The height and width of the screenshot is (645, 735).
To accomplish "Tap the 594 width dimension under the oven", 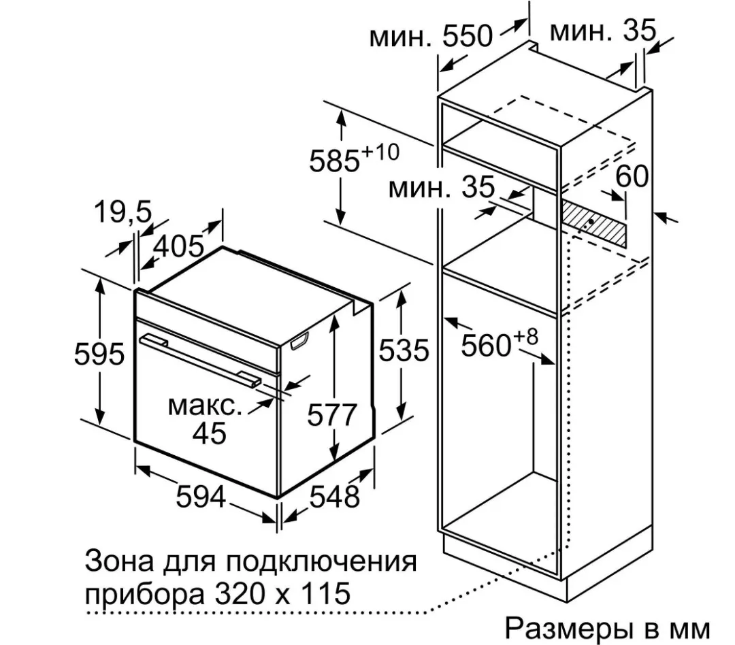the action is (201, 497).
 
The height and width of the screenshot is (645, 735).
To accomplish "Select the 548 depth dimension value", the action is (335, 497).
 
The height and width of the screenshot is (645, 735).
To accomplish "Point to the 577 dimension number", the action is (332, 414).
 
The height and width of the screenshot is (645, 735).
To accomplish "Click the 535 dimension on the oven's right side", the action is (404, 350).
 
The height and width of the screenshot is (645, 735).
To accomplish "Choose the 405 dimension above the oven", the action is (178, 246).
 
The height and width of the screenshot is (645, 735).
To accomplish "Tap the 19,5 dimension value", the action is (123, 212).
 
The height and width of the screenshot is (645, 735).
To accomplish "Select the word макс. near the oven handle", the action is (205, 406).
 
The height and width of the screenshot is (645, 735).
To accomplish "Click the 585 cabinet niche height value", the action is (334, 161).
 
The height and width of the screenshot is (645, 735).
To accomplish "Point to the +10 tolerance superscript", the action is (380, 152).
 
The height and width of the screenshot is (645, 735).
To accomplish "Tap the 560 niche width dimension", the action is (486, 346).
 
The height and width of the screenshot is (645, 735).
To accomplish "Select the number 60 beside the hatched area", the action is (632, 176).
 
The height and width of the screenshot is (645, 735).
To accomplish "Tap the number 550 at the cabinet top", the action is (468, 35).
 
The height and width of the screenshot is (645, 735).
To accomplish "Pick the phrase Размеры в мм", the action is (607, 628).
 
